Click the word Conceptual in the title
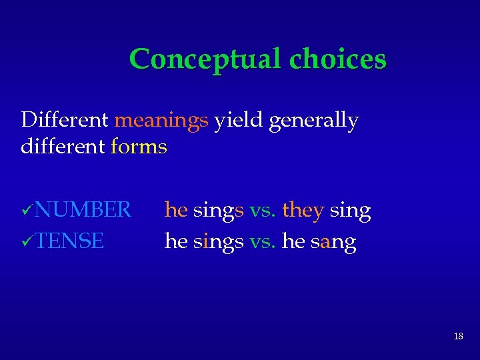[205, 59]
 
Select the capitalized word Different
[65, 121]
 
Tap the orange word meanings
[161, 121]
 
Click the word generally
[314, 121]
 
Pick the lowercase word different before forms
[63, 145]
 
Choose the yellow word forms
[139, 145]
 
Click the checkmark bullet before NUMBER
[27, 211]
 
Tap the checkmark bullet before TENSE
[27, 241]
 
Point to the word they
[303, 211]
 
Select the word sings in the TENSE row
[218, 242]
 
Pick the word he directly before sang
[293, 241]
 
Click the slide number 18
[458, 337]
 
